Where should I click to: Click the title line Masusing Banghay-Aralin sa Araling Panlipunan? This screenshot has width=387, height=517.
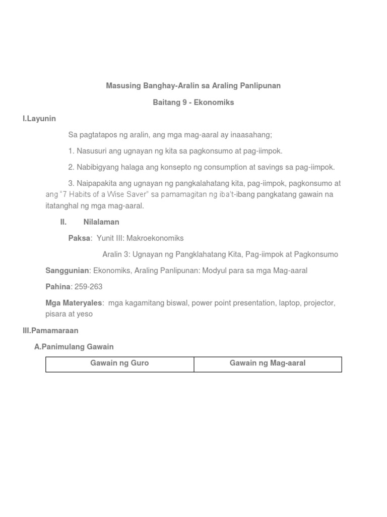tap(193, 86)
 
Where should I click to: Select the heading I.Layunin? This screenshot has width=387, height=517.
tap(39, 119)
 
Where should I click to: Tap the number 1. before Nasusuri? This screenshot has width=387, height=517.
tap(71, 151)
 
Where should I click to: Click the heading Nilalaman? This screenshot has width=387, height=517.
tap(101, 222)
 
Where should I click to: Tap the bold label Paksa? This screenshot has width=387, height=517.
tap(79, 238)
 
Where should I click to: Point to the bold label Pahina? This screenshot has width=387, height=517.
tap(58, 287)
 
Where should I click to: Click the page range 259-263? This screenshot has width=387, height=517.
tap(88, 287)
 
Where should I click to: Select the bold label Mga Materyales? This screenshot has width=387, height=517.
tap(74, 303)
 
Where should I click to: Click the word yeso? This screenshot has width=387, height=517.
tap(84, 314)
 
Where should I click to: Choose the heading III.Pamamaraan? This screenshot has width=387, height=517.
tap(50, 330)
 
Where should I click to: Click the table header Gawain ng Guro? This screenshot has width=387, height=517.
tap(119, 363)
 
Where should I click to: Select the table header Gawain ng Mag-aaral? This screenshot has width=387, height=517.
tap(268, 363)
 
